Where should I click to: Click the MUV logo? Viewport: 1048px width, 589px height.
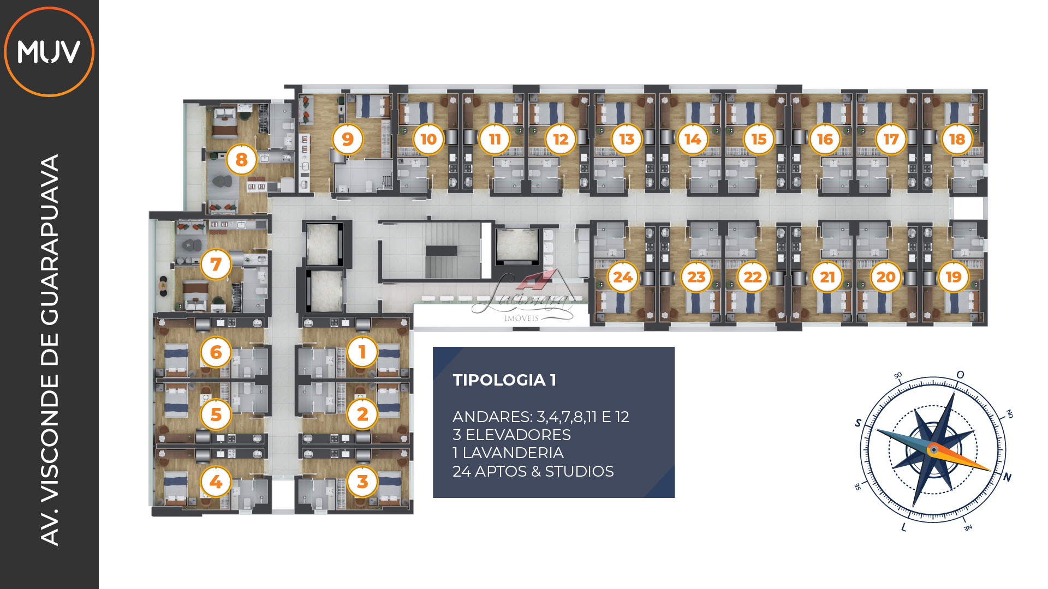[49, 52]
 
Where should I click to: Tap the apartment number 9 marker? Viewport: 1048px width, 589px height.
[348, 139]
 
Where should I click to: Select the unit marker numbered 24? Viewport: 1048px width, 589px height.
[623, 277]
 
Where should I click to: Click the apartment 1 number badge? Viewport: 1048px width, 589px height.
[362, 352]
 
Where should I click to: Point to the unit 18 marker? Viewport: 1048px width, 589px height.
[957, 139]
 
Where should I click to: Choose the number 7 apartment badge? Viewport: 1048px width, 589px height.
[216, 264]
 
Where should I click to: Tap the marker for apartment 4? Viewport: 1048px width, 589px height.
[216, 482]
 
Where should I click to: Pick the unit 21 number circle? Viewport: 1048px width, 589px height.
[827, 277]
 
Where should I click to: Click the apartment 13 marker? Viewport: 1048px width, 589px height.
[627, 139]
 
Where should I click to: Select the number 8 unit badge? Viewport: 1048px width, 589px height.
[241, 159]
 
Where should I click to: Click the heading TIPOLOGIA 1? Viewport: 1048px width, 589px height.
[504, 380]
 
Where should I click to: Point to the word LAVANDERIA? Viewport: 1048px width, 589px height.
[513, 453]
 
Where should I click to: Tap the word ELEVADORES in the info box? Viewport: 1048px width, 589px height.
[518, 435]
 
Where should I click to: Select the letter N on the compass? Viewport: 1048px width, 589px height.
[1007, 477]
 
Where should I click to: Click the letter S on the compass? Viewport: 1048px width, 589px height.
[858, 423]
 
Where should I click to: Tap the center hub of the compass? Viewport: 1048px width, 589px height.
[934, 450]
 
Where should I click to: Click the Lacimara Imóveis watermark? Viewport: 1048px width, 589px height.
[523, 297]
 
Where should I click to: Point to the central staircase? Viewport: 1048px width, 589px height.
[442, 250]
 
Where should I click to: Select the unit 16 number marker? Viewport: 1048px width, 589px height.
[825, 139]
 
